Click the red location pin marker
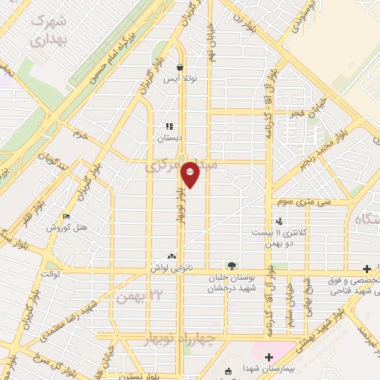coord(191,175)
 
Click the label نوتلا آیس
coord(180,79)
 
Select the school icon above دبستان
coord(169,126)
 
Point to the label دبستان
coord(169,138)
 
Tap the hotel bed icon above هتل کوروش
coord(67,217)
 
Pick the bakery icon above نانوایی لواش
coord(172,255)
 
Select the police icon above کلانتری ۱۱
coord(279,221)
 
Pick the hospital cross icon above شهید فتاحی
coord(366,268)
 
